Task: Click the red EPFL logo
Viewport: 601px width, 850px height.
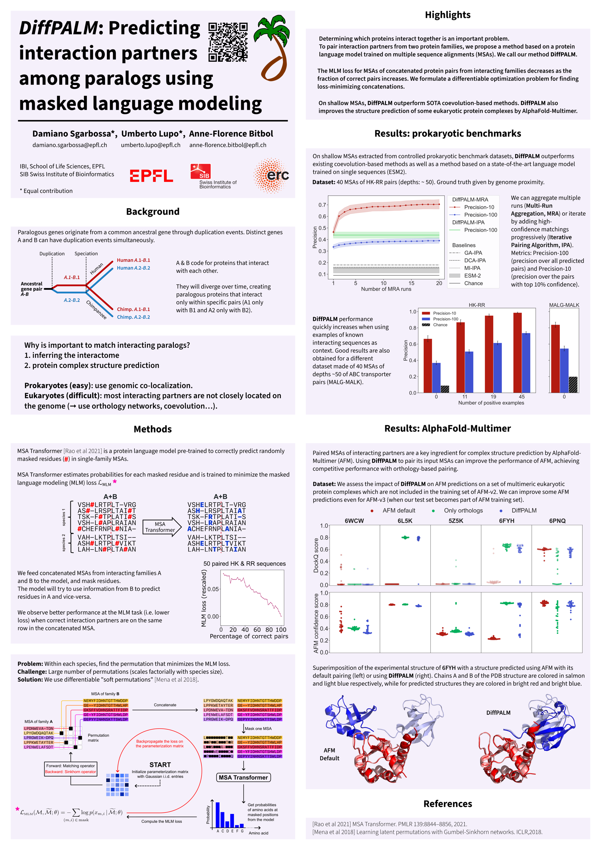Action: point(151,176)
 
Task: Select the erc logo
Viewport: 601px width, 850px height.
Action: point(272,176)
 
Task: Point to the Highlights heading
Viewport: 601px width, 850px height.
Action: point(447,15)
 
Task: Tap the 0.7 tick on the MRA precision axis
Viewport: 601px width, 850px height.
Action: point(322,205)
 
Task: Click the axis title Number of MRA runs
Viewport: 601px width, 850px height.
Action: point(386,289)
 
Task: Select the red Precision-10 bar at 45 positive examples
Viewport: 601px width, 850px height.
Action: point(518,352)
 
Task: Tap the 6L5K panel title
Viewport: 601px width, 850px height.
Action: point(405,521)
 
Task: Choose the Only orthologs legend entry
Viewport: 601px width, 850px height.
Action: point(463,511)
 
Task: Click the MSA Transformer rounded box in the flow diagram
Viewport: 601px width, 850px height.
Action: point(243,777)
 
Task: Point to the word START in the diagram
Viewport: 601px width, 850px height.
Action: point(160,764)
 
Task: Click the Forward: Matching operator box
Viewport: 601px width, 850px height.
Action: point(70,769)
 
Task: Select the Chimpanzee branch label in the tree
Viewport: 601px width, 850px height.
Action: point(96,310)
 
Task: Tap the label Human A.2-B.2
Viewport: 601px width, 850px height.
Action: point(133,268)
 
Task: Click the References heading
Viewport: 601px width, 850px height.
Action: point(447,804)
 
